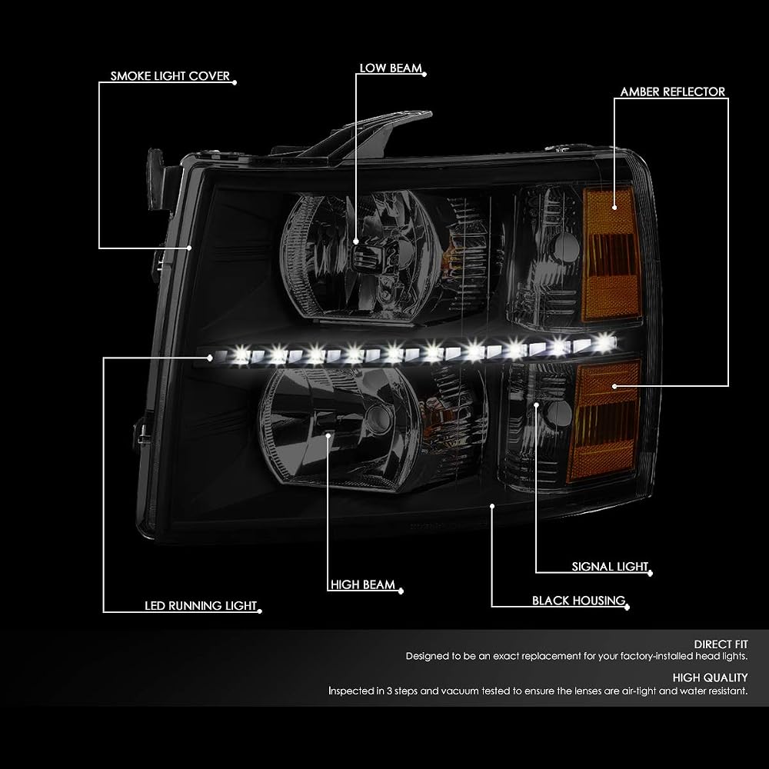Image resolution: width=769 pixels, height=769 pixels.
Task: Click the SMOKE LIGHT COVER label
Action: click(x=170, y=76)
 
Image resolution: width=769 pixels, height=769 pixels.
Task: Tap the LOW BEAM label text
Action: click(x=391, y=68)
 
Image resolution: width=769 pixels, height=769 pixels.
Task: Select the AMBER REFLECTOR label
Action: click(x=672, y=92)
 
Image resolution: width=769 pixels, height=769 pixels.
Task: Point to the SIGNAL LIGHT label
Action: click(x=610, y=567)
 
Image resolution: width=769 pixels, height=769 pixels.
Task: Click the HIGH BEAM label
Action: click(x=363, y=584)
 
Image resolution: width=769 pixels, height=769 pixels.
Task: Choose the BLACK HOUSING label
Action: click(x=579, y=601)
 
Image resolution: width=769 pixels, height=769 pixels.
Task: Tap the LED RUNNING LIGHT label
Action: click(x=201, y=606)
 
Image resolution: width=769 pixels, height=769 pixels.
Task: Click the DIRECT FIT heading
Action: click(x=721, y=644)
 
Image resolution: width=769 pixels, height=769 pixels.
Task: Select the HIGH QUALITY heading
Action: click(x=710, y=677)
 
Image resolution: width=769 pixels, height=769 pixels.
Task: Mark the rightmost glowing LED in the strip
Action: click(x=605, y=341)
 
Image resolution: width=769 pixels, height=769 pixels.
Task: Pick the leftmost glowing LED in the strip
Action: click(x=241, y=354)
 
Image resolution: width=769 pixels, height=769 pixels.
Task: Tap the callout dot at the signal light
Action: click(x=537, y=404)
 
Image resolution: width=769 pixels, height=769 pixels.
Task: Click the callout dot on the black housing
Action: click(x=492, y=506)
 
